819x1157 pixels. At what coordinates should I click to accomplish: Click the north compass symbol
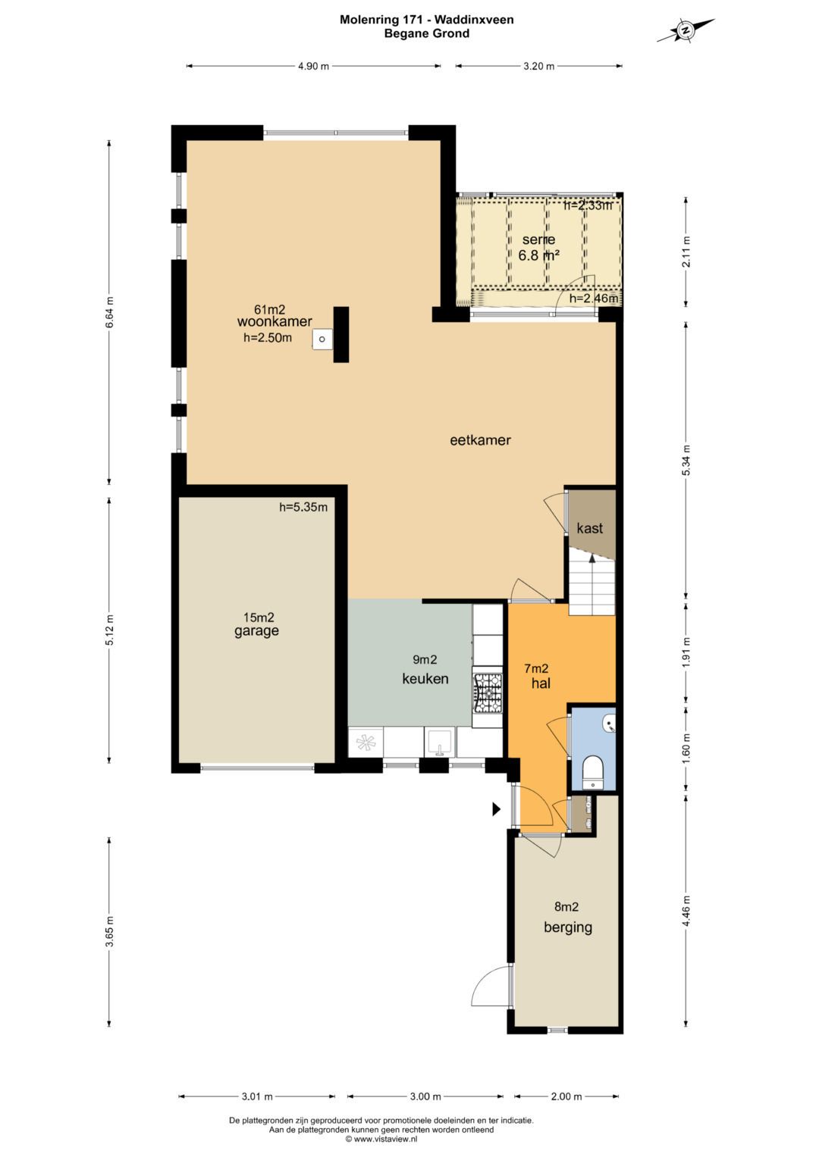coord(686,30)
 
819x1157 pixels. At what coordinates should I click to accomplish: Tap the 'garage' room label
coord(256,630)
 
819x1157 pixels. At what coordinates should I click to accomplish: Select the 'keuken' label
coord(425,678)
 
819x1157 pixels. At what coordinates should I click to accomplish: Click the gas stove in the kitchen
coord(488,693)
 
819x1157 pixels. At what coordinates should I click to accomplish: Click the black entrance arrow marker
coord(497,809)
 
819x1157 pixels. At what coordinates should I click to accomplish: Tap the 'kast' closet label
coord(590,528)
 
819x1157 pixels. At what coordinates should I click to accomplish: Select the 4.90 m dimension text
coord(313,66)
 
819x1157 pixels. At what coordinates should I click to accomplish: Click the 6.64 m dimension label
coord(109,312)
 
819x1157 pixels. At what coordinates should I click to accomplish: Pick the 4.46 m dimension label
coord(686,910)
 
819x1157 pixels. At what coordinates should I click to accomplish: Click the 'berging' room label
coord(568,927)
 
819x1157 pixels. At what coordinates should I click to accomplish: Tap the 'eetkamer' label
coord(480,440)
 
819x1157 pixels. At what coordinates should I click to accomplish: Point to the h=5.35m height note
coord(303,507)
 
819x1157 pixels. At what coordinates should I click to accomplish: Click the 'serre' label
coord(538,239)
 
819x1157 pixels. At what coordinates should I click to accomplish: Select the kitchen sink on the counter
coord(440,743)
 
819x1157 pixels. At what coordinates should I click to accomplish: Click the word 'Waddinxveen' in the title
coord(474,20)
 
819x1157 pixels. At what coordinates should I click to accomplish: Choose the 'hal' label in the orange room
coord(541,683)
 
